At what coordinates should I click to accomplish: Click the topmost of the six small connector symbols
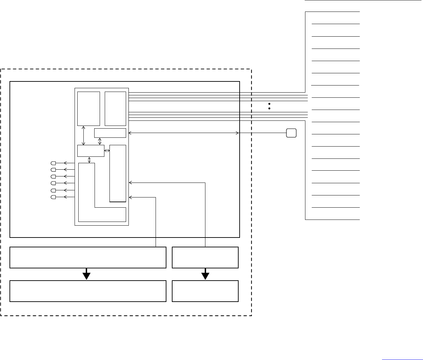click(x=53, y=163)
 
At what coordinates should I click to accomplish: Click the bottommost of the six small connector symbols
click(x=53, y=197)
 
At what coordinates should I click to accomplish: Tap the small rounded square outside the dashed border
click(x=291, y=133)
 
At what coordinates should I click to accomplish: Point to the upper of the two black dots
click(x=269, y=103)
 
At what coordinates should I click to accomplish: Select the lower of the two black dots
click(x=269, y=109)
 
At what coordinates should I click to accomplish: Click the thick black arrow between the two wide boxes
click(x=87, y=274)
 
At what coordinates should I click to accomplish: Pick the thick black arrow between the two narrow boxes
click(x=205, y=274)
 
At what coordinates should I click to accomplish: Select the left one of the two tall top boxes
click(x=88, y=109)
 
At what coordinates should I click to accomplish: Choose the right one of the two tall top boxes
click(x=115, y=109)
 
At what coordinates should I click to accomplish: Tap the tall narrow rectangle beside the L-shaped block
click(x=118, y=173)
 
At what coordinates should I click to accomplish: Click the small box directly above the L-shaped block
click(x=90, y=151)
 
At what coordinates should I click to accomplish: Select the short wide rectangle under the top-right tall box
click(x=110, y=133)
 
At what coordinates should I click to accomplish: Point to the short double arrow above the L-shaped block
click(x=89, y=160)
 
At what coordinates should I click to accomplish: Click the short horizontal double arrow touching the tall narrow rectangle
click(x=107, y=151)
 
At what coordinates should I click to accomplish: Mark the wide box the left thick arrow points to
click(x=88, y=291)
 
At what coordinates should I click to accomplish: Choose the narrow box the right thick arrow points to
click(x=205, y=291)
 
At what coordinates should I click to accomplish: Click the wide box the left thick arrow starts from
click(x=88, y=258)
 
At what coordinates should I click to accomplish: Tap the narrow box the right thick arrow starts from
click(x=205, y=258)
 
